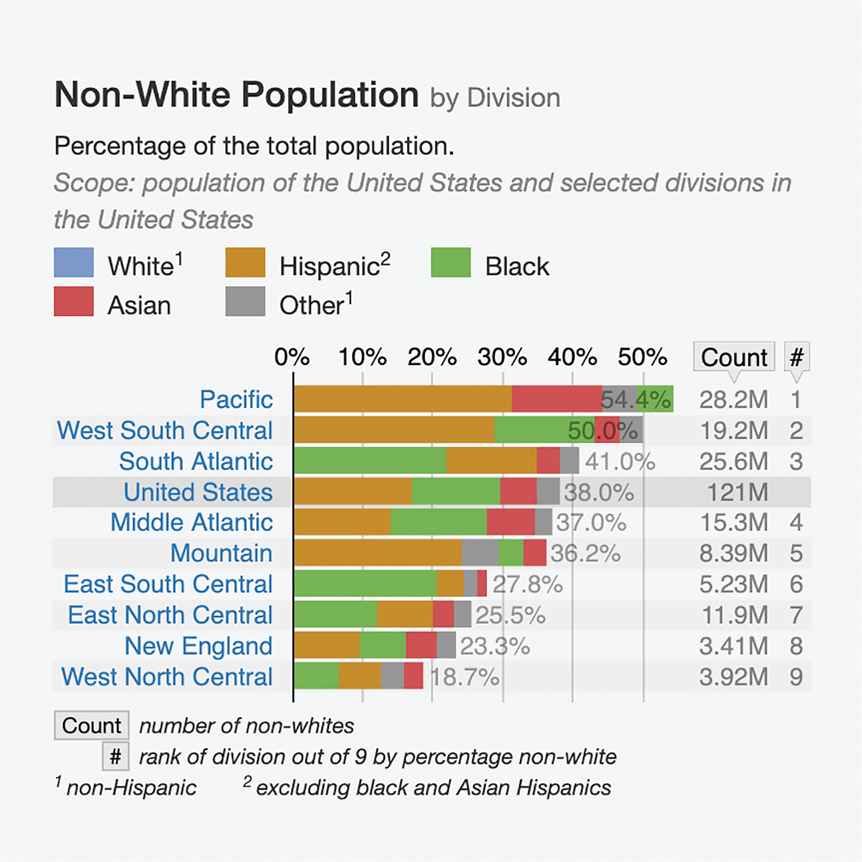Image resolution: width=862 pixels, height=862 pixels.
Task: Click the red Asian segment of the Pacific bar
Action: click(x=556, y=399)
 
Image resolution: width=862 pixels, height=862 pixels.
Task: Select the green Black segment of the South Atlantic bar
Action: click(x=370, y=461)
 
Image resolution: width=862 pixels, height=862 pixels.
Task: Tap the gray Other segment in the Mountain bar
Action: click(x=480, y=553)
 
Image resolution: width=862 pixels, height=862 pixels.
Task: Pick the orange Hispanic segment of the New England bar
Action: click(x=327, y=646)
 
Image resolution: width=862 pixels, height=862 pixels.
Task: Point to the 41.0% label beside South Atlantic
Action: click(x=620, y=462)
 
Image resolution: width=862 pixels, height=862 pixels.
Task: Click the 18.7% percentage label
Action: click(x=465, y=677)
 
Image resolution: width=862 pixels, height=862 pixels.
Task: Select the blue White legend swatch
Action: click(x=73, y=262)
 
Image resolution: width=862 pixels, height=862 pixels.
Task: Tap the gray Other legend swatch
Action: click(x=245, y=302)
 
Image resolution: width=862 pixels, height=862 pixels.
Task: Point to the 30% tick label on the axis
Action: click(x=502, y=357)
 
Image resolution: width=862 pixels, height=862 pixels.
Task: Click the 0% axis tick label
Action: click(x=292, y=357)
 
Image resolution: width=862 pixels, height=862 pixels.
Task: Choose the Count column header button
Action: click(x=734, y=357)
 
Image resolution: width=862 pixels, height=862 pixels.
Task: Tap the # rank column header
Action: click(x=796, y=357)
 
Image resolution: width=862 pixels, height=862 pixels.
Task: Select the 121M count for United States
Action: click(x=737, y=492)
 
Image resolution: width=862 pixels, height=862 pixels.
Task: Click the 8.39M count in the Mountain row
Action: click(x=734, y=554)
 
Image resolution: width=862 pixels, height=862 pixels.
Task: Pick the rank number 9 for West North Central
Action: click(x=796, y=677)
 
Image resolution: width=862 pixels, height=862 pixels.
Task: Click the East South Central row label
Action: click(x=168, y=584)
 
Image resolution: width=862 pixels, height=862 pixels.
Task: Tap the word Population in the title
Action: click(x=330, y=95)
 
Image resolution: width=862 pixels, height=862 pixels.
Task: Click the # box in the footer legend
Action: click(x=115, y=757)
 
